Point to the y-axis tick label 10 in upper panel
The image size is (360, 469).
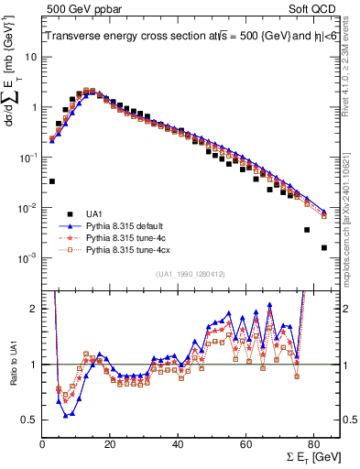click(x=30, y=57)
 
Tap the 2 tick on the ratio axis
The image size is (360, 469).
click(x=33, y=309)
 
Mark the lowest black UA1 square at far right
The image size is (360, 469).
click(x=323, y=247)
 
